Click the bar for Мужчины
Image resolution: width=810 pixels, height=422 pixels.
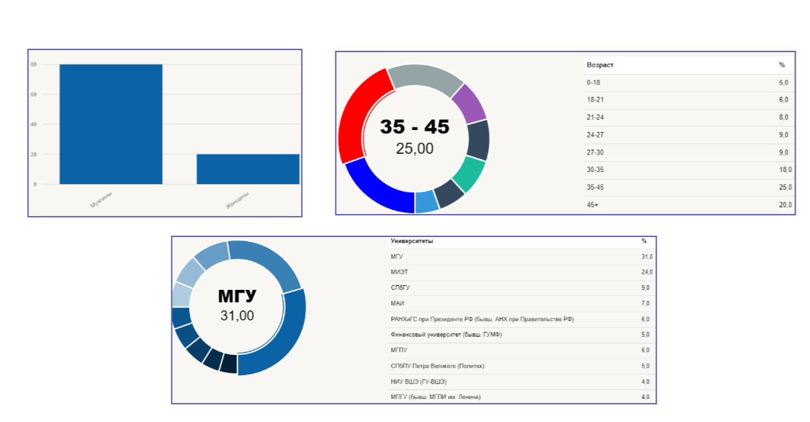coord(111,124)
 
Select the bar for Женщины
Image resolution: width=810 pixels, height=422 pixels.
coord(248,169)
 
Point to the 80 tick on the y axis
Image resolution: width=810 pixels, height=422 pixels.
coord(33,64)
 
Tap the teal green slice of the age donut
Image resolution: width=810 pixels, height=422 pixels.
coord(470,174)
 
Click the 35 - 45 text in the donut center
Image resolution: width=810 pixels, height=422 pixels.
coord(414,127)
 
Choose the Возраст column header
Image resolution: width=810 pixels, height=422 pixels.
coord(600,65)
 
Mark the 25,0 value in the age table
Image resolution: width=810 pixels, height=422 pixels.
coord(784,188)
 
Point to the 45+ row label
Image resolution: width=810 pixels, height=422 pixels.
coord(592,205)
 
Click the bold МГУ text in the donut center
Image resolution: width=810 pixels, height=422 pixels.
coord(237,296)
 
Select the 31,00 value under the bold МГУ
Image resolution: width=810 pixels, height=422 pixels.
coord(237,315)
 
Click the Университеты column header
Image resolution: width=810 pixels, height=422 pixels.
coord(411,241)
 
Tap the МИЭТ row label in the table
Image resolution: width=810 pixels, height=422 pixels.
coord(399,272)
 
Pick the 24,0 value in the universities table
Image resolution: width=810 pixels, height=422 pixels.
coord(647,272)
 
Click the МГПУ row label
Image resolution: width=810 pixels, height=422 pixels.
coord(399,350)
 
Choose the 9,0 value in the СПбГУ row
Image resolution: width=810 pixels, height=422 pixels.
coord(647,288)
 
